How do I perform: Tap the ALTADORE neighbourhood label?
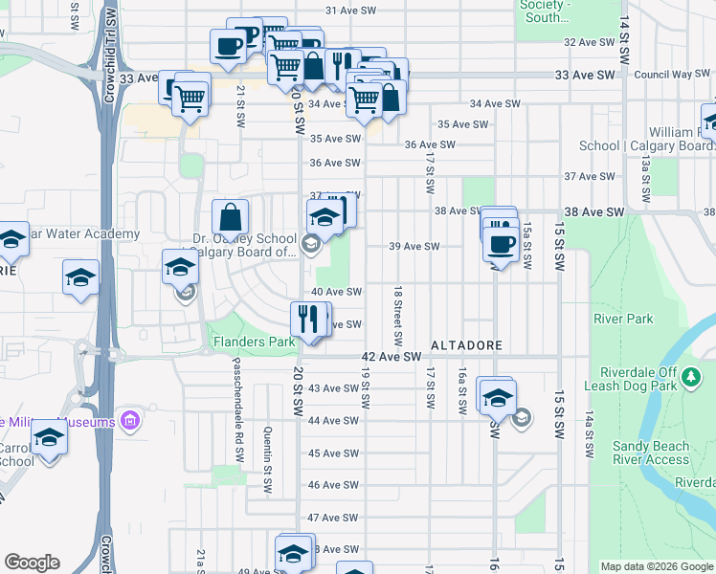tap(466, 343)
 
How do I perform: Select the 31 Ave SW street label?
tap(347, 11)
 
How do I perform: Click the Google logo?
tap(32, 563)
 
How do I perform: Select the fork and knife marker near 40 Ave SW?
tap(307, 318)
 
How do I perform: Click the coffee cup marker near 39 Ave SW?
tap(500, 243)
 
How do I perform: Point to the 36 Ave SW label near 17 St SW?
tap(429, 145)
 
